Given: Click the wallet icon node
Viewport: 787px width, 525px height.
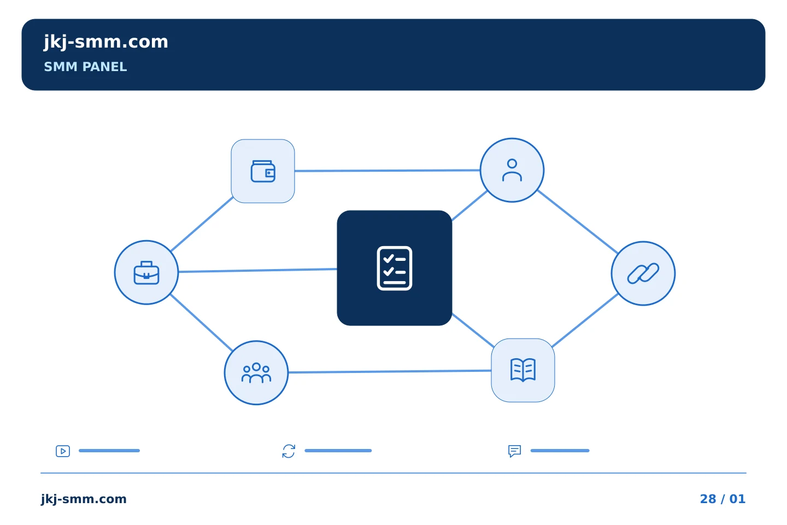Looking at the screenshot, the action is (263, 171).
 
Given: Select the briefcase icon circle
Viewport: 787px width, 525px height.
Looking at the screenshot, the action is (146, 272).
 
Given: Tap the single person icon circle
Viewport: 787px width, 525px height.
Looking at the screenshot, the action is (512, 170).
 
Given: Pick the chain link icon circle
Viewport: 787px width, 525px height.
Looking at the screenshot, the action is (643, 273).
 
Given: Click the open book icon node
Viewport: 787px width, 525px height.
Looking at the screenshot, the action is (523, 370).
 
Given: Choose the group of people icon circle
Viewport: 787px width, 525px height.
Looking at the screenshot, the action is (256, 373).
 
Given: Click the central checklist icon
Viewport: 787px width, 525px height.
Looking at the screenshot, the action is (394, 269).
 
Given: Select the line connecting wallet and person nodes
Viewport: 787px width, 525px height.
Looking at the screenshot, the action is (387, 171).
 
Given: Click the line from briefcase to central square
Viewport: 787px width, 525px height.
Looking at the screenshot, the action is (257, 270).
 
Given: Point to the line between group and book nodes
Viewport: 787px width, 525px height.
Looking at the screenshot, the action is (390, 371).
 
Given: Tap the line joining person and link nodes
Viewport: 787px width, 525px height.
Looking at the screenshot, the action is (578, 222).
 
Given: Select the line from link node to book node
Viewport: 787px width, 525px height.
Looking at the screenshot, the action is (585, 320).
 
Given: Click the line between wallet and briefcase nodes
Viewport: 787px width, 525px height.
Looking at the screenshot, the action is (202, 224).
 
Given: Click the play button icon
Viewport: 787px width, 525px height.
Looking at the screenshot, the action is (63, 451).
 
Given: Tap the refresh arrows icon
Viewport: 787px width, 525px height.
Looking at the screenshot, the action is (289, 451).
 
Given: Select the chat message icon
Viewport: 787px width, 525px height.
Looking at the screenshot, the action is (514, 451).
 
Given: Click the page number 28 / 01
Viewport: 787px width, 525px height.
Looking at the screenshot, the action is (723, 499).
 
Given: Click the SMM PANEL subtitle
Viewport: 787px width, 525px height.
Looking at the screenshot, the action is (85, 67).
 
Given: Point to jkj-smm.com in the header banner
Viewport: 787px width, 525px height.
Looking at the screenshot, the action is (106, 42).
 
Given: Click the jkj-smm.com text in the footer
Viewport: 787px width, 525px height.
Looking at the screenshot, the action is (84, 499).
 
